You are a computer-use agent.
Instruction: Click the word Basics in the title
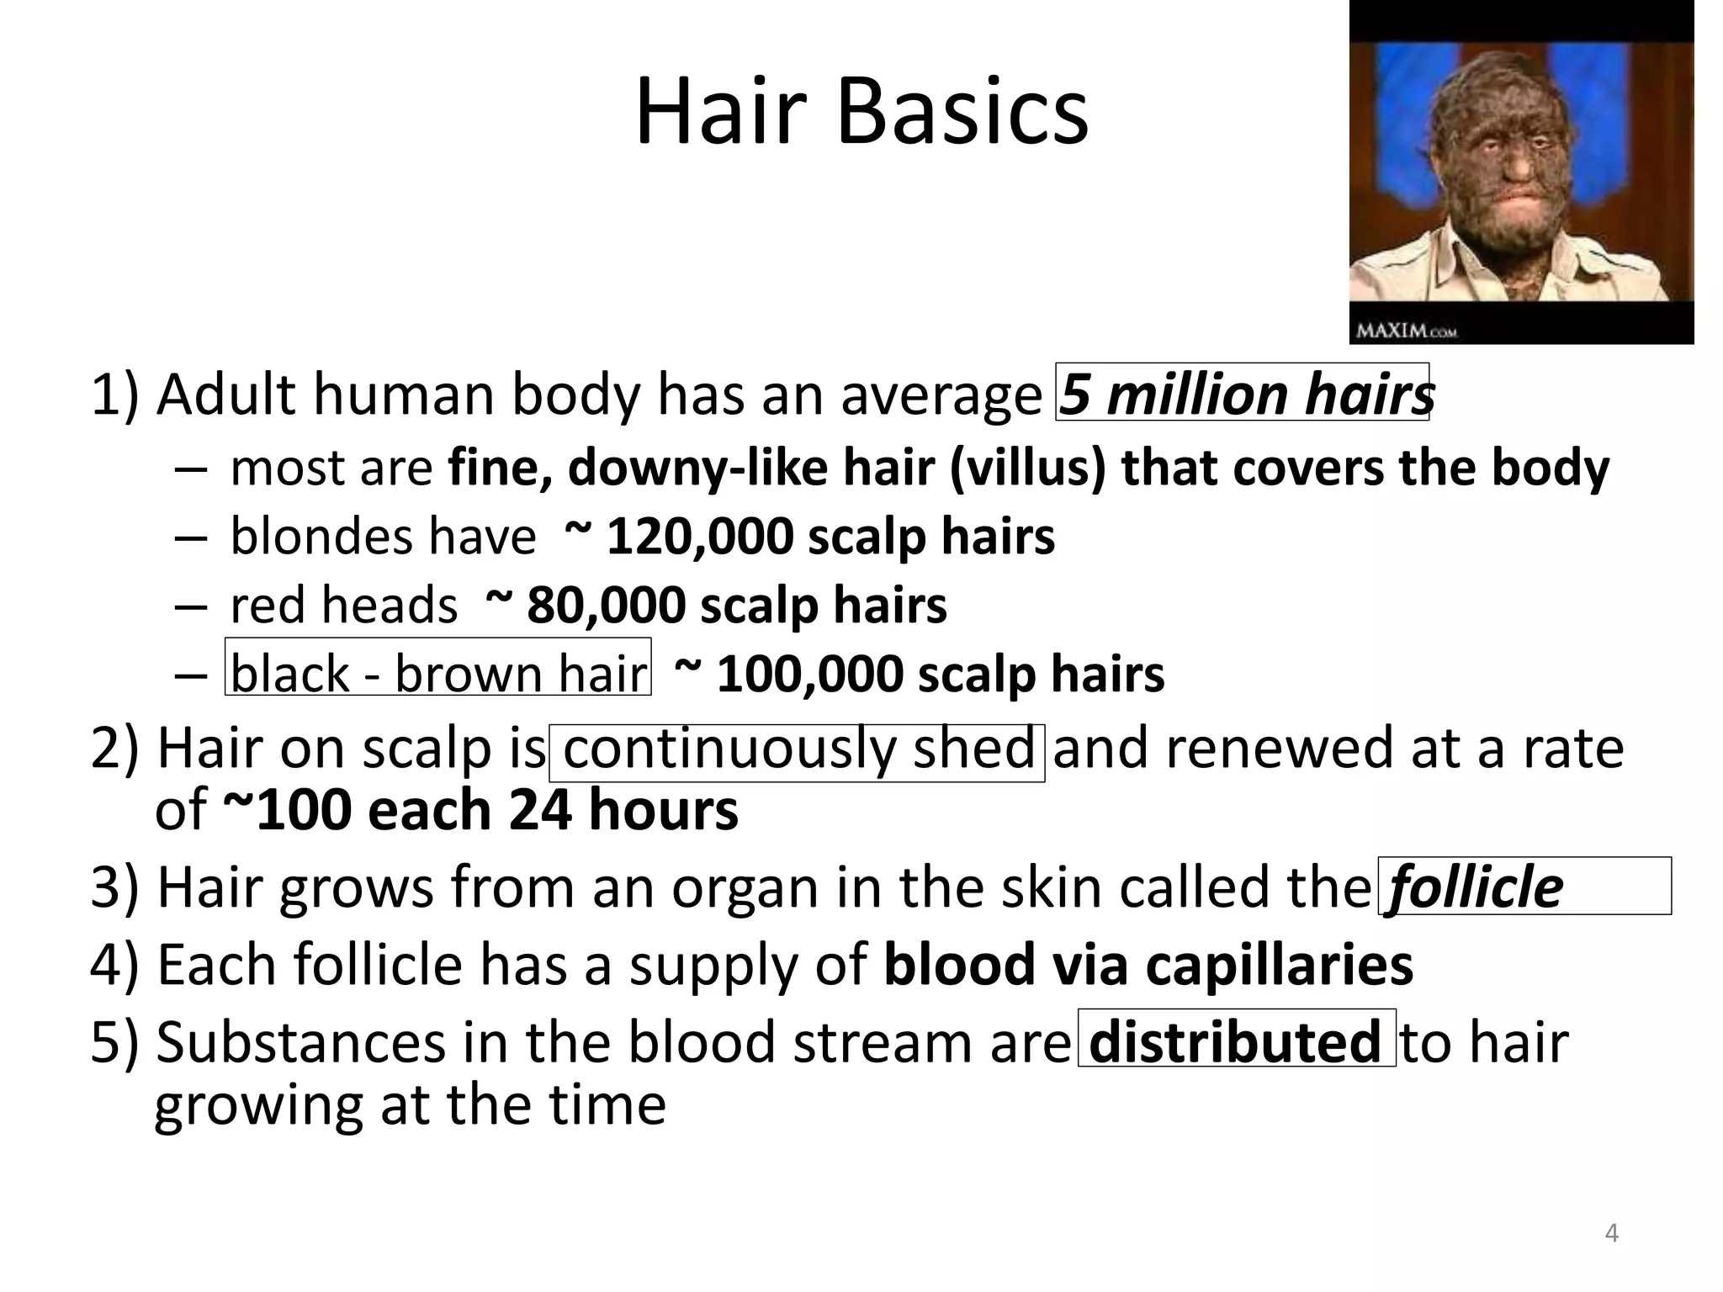[x=962, y=113]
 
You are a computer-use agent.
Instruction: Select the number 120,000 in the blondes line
[x=699, y=537]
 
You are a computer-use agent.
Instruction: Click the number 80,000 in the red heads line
[x=606, y=606]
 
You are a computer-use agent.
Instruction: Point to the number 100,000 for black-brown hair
[x=809, y=675]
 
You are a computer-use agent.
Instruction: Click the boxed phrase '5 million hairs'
[x=1243, y=394]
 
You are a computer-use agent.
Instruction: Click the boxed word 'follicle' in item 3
[x=1476, y=887]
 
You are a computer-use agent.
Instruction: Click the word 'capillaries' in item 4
[x=1279, y=964]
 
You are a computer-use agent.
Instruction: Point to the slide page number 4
[x=1611, y=1233]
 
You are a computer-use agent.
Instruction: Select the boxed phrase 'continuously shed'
[x=798, y=749]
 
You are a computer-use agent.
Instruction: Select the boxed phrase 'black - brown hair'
[x=437, y=675]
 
